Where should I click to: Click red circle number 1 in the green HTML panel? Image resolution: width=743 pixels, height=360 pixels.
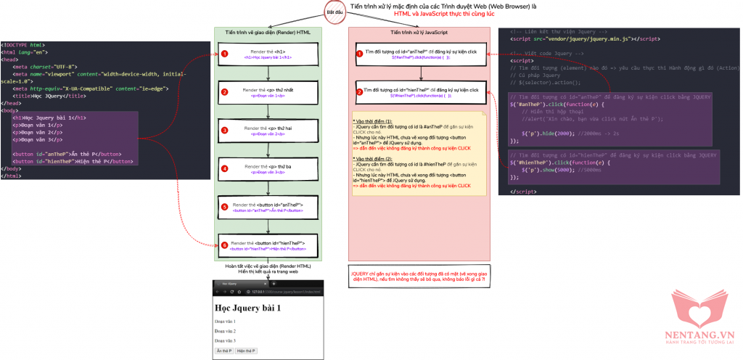225,54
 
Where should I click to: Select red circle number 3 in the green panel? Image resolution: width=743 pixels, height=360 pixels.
225,131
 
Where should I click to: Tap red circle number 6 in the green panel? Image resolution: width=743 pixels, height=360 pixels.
225,245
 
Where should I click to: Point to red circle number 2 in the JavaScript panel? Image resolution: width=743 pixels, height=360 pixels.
361,91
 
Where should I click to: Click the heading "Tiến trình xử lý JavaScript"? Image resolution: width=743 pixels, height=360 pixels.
419,33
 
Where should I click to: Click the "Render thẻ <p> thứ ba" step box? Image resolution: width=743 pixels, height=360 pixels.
268,169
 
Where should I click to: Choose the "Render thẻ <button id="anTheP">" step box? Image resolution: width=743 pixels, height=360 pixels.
268,208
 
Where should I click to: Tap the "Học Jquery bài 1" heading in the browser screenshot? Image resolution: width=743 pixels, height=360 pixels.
247,308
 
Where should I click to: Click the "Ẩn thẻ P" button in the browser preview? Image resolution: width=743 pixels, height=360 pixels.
224,351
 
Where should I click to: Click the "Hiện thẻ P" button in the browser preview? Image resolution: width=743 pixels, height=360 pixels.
247,351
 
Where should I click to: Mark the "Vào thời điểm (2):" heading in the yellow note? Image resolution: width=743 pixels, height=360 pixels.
377,157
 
